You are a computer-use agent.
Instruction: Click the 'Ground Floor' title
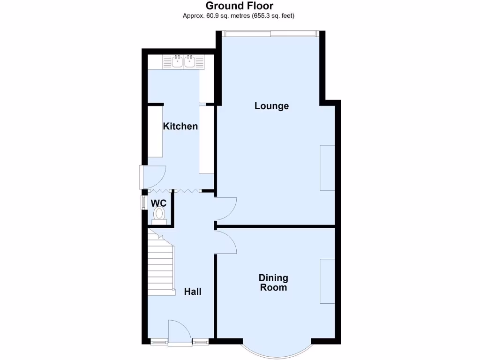click(x=240, y=6)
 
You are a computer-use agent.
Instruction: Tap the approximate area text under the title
click(x=240, y=15)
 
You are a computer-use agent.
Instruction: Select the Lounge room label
click(x=271, y=106)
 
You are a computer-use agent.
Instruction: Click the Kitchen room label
click(x=180, y=126)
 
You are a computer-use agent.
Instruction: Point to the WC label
click(x=158, y=203)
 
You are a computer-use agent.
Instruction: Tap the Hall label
click(x=193, y=292)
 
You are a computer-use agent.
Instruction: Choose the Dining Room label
click(x=273, y=283)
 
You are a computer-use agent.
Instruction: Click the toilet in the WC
click(x=159, y=215)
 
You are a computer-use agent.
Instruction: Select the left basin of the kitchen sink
click(x=177, y=61)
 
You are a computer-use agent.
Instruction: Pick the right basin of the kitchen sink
click(x=190, y=61)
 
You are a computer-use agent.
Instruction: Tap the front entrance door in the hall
click(x=179, y=333)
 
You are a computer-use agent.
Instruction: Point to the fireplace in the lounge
click(x=327, y=168)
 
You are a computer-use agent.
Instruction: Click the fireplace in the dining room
click(x=327, y=281)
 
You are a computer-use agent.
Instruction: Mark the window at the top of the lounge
click(x=270, y=33)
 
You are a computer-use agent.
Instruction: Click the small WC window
click(x=143, y=202)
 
